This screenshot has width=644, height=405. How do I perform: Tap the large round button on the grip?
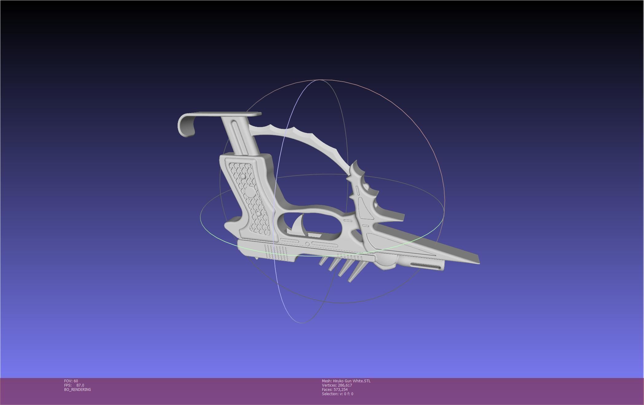click(250, 193)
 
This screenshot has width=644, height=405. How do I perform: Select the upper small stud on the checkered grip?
click(243, 177)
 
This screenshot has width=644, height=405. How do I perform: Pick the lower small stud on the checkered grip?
click(258, 214)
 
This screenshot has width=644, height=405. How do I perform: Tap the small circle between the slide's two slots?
click(307, 244)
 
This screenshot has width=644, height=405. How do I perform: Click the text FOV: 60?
click(71, 381)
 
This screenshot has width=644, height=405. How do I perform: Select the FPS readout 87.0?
click(80, 385)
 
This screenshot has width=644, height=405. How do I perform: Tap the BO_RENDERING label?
click(77, 390)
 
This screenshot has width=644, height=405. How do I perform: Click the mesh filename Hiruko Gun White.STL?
click(351, 381)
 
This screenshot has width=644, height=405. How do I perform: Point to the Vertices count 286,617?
click(345, 385)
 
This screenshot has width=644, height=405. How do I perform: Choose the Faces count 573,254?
click(340, 390)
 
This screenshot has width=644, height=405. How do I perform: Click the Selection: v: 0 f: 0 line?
click(337, 394)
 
